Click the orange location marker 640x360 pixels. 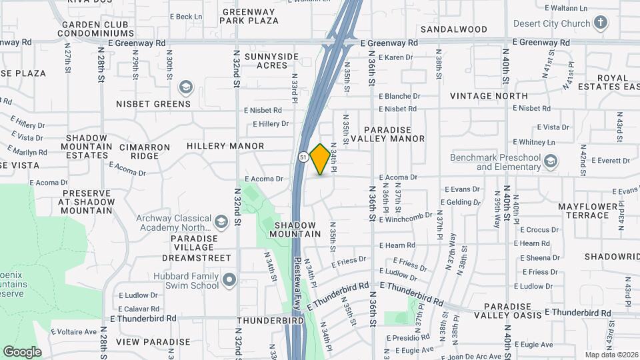click(321, 159)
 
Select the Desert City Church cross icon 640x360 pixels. click(600, 23)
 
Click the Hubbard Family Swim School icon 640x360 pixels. click(229, 280)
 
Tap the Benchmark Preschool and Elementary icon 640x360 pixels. click(551, 161)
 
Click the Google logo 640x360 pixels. click(22, 352)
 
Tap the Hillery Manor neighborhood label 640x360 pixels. click(225, 145)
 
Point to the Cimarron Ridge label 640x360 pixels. click(139, 151)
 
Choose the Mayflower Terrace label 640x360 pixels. click(584, 211)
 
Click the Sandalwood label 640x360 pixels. click(454, 29)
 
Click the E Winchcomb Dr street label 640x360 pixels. click(409, 217)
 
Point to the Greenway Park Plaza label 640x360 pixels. click(250, 17)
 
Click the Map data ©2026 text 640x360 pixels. click(611, 355)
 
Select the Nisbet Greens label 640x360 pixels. click(153, 103)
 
